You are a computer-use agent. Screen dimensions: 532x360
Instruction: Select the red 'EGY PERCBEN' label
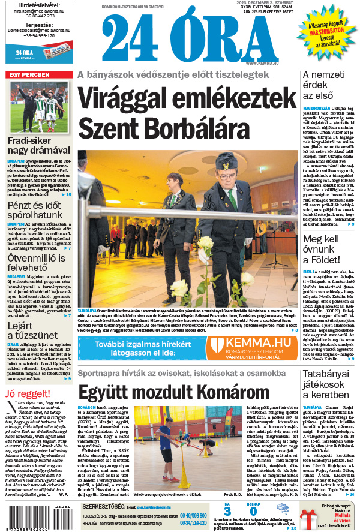[x=28, y=74]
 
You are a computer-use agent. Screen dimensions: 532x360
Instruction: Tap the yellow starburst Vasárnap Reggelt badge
[x=326, y=33]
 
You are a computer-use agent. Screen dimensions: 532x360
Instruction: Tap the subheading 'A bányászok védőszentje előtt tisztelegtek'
[x=173, y=74]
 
